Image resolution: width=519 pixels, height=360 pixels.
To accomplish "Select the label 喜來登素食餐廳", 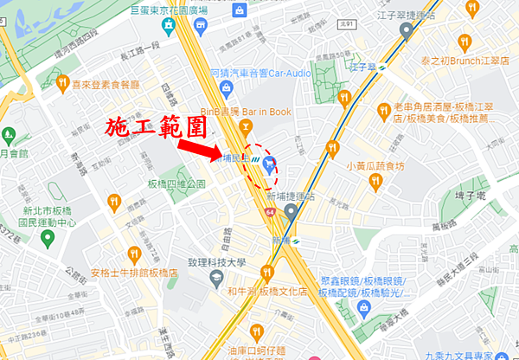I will point(106,84).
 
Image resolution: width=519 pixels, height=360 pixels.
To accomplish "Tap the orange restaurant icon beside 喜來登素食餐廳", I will point(62,84).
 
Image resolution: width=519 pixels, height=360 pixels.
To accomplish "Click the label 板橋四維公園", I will point(176,184).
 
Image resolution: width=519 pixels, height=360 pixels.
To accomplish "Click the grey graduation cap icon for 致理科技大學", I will point(216,279).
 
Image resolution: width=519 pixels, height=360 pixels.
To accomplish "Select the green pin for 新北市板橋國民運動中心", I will point(8,136).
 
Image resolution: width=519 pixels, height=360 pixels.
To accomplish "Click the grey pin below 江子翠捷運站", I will point(406,33).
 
